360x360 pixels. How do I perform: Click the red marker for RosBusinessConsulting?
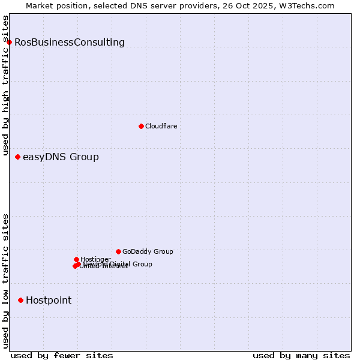click(x=10, y=42)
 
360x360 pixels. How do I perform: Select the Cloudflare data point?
click(x=141, y=126)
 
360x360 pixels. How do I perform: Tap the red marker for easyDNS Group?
click(x=17, y=157)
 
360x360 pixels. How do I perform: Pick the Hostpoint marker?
click(x=21, y=300)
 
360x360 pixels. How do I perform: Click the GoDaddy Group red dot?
click(x=118, y=251)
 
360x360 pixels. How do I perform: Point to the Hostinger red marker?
click(x=76, y=259)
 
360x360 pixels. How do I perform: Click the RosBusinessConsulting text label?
click(x=70, y=42)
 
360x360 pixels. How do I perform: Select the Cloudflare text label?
click(x=161, y=126)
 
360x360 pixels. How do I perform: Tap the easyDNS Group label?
click(x=61, y=157)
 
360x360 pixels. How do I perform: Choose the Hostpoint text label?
click(x=49, y=300)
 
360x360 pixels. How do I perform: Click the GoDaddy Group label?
click(x=148, y=251)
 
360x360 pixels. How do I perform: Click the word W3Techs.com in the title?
click(x=310, y=5)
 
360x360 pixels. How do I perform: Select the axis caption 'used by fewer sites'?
click(x=62, y=355)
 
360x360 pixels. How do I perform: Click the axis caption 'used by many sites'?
click(x=301, y=355)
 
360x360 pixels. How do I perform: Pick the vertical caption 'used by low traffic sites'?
click(x=5, y=281)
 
